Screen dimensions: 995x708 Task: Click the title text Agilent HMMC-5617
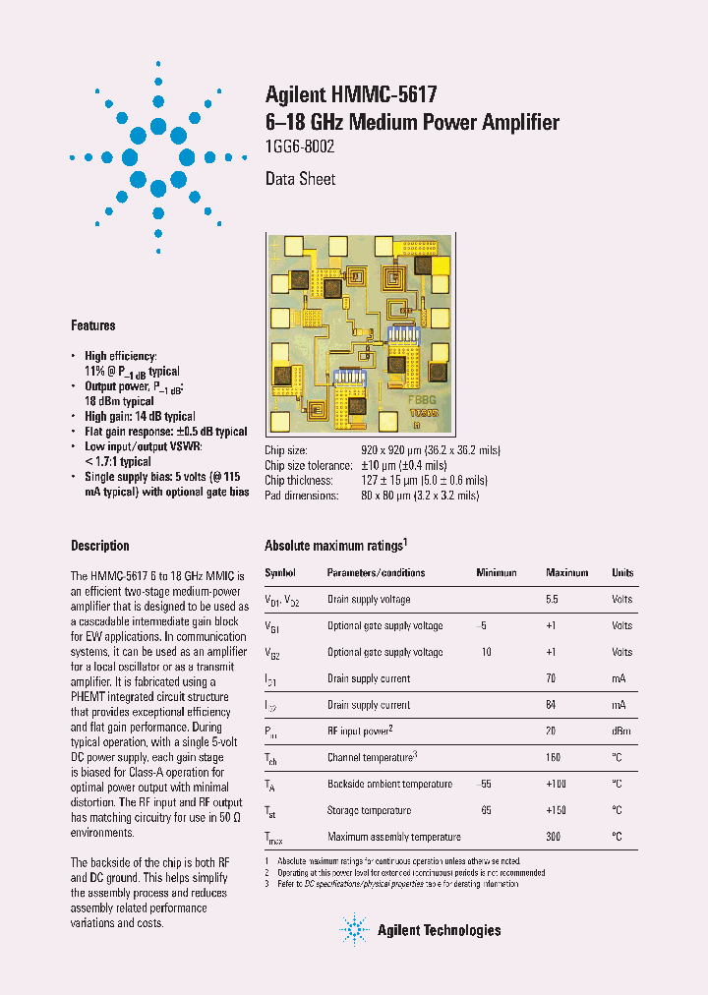point(351,94)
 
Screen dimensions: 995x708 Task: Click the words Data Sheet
point(300,179)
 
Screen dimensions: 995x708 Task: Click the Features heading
point(92,325)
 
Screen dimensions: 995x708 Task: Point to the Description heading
point(99,546)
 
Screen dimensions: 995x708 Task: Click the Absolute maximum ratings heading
point(335,546)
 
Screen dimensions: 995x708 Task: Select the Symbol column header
point(280,572)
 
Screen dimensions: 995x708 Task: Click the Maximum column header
point(566,572)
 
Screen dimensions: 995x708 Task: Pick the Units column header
point(622,572)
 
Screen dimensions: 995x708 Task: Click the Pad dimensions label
point(302,496)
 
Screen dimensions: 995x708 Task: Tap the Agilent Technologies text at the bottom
point(439,930)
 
